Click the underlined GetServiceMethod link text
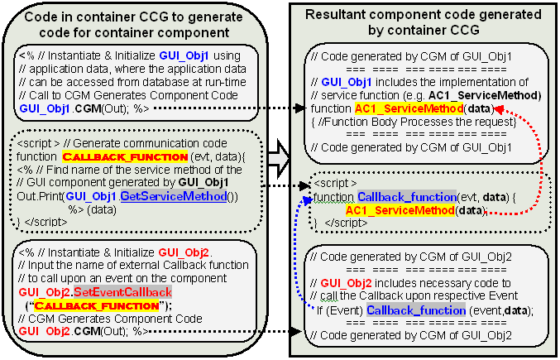(174, 196)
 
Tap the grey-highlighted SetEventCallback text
(123, 292)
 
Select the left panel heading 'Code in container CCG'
(133, 17)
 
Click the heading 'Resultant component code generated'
(424, 15)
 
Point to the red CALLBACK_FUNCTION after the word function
(125, 156)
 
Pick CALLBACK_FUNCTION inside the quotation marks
(97, 306)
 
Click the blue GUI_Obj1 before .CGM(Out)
(45, 108)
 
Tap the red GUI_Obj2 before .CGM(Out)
(45, 332)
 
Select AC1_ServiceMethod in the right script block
(400, 210)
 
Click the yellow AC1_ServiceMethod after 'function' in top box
(409, 108)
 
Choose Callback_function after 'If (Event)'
(416, 310)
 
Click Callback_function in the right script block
(407, 197)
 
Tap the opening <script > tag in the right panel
(335, 184)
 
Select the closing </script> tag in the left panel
(45, 222)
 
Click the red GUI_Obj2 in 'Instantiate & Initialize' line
(184, 253)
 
